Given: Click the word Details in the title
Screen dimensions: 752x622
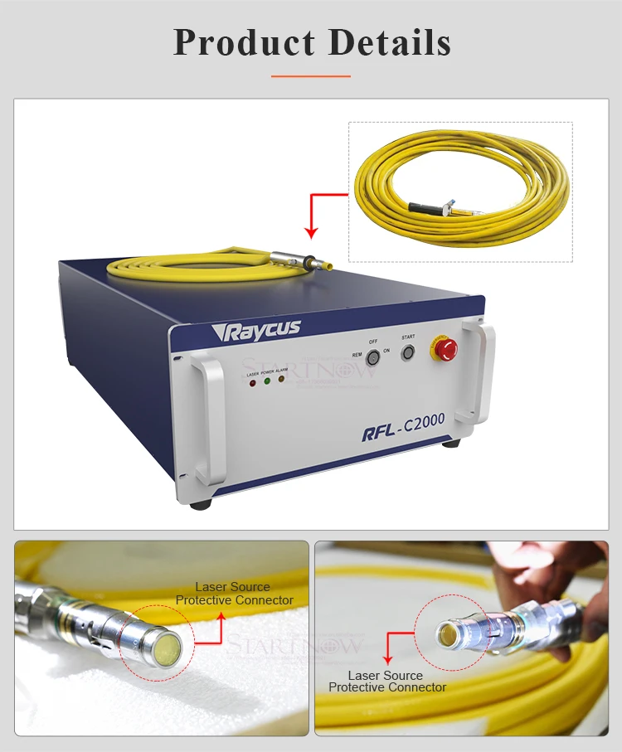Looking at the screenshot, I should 390,43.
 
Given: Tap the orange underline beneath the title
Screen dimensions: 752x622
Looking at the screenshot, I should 311,75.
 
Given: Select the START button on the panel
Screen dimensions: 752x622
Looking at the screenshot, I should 407,352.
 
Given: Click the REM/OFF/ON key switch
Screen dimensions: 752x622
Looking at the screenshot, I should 373,356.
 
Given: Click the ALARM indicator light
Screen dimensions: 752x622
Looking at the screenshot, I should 281,380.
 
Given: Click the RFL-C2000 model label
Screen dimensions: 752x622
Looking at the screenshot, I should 403,424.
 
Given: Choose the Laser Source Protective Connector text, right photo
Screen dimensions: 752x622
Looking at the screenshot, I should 386,682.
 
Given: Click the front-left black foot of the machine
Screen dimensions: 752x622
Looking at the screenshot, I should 199,502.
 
